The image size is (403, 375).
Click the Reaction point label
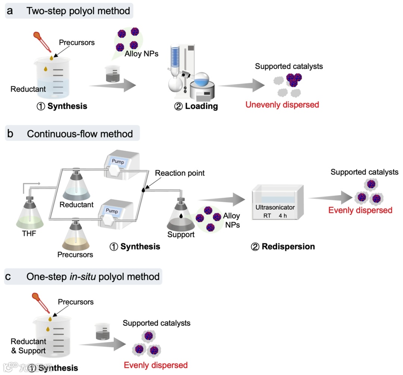pos(179,174)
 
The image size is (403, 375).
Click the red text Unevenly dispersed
pos(282,104)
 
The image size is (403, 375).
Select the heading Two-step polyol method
pos(78,11)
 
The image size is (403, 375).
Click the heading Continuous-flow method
pos(79,134)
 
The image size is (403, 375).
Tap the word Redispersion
pos(288,247)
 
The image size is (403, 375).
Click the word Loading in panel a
pos(201,106)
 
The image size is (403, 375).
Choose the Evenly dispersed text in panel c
pos(156,365)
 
